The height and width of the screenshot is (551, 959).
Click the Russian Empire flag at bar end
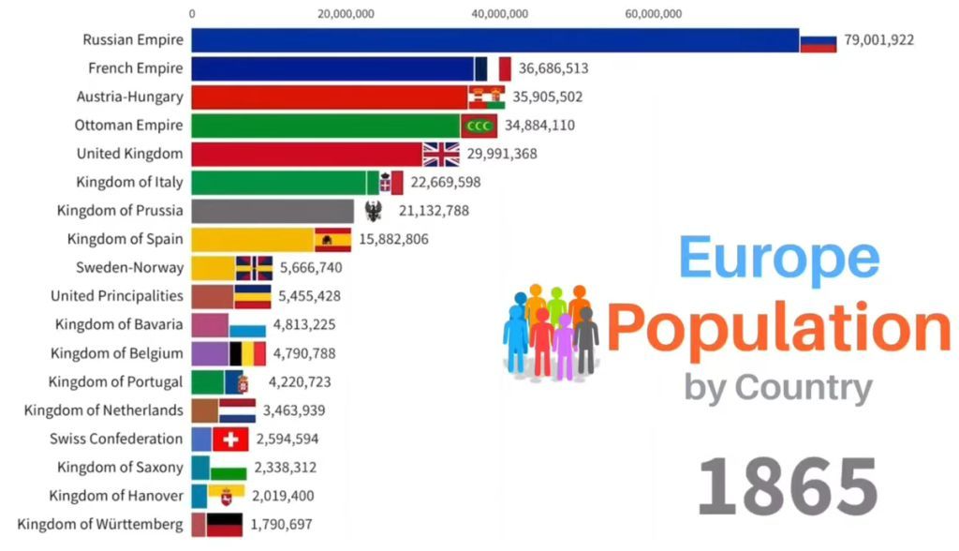818,40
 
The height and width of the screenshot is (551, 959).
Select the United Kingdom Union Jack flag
441,154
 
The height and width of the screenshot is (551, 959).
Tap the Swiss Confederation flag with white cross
230,439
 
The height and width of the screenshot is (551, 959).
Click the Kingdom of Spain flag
332,239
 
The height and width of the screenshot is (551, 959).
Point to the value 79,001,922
878,40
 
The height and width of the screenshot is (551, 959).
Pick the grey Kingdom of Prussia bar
273,211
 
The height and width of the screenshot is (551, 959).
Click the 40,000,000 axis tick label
501,13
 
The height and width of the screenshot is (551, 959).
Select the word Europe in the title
779,259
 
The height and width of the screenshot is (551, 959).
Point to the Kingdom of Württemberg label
100,524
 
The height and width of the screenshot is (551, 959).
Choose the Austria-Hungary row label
130,97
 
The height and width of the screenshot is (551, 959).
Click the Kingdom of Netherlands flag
237,410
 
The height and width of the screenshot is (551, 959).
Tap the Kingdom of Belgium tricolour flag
248,353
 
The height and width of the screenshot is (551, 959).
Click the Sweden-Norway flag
254,268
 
